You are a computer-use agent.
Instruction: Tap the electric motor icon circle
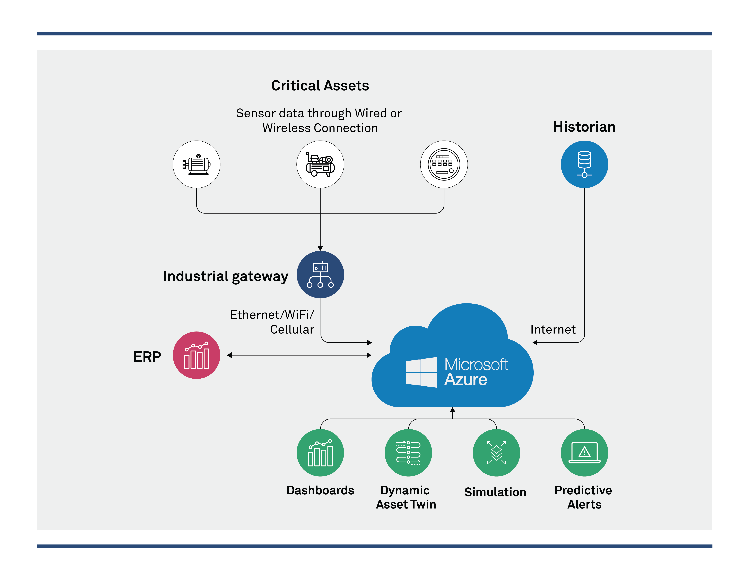[197, 164]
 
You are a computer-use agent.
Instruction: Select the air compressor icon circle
[320, 164]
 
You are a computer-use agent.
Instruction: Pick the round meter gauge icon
[444, 164]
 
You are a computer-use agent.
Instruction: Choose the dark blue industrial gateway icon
[320, 275]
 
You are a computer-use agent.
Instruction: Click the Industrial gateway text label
[225, 276]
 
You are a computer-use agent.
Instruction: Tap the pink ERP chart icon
[197, 355]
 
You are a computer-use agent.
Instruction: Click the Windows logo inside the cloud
[421, 372]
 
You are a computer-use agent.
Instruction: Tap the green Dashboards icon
[320, 453]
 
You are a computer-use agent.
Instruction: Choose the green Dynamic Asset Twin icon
[408, 453]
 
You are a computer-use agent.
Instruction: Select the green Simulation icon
[496, 453]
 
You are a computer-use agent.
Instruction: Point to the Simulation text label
[495, 492]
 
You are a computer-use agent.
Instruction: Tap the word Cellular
[292, 329]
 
